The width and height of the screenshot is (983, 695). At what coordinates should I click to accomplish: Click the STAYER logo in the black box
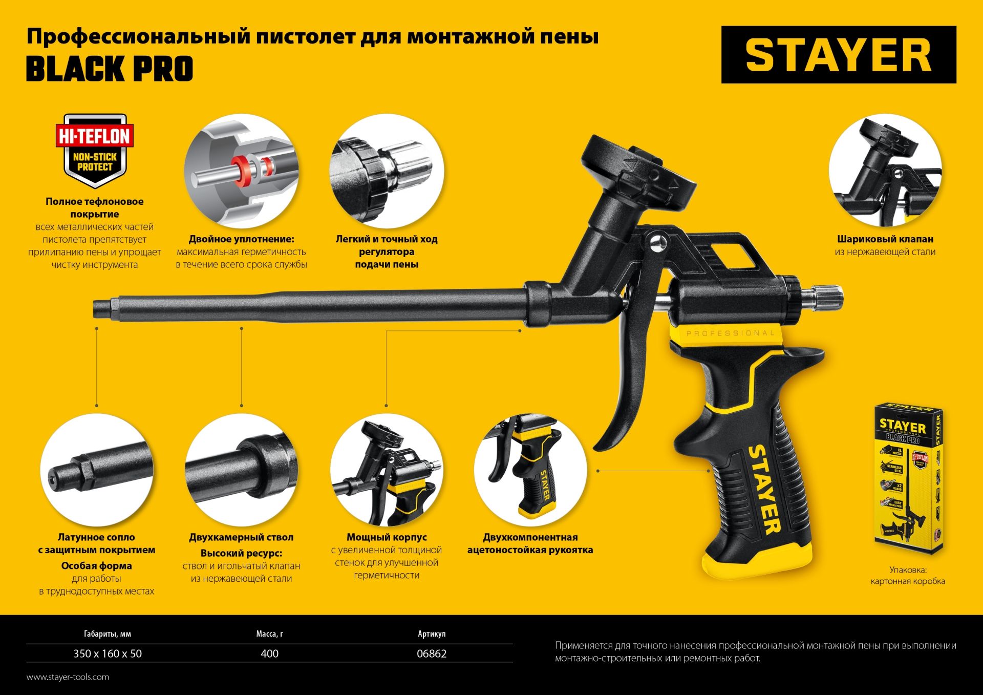click(838, 55)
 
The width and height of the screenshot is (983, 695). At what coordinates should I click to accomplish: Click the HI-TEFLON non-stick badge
click(95, 151)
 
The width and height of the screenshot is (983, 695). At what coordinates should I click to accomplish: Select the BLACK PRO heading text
click(110, 69)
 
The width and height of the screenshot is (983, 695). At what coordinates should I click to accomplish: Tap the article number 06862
click(431, 654)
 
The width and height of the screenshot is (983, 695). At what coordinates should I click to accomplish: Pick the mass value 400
click(269, 654)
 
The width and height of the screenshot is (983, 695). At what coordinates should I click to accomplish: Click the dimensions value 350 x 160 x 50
click(108, 654)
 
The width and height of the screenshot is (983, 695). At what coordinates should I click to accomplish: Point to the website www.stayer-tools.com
click(68, 677)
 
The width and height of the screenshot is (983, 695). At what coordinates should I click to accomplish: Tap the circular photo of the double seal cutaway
click(241, 172)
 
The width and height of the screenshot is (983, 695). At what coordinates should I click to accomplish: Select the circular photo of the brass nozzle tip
click(96, 470)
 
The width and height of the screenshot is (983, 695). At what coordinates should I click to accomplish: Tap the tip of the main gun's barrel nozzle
click(98, 309)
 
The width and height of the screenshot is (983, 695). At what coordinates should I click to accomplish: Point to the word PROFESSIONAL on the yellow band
click(731, 333)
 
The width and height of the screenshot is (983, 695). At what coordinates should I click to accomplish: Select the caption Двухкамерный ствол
click(241, 537)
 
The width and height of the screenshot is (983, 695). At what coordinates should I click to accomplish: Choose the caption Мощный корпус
click(387, 537)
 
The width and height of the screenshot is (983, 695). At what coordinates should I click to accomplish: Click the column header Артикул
click(431, 634)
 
